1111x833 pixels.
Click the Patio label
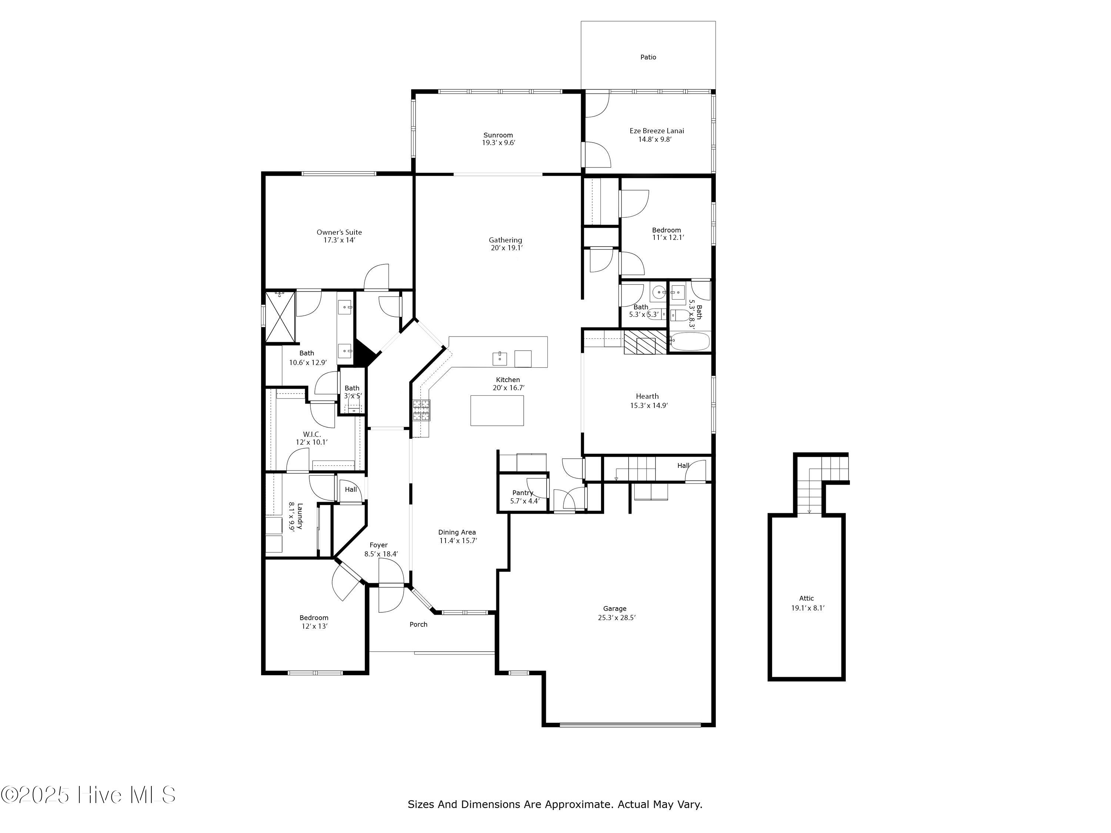pyautogui.click(x=648, y=57)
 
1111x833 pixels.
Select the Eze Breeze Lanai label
pyautogui.click(x=657, y=131)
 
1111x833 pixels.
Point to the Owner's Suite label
pyautogui.click(x=339, y=232)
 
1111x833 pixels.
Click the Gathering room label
pyautogui.click(x=505, y=240)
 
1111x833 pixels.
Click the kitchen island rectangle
pyautogui.click(x=497, y=410)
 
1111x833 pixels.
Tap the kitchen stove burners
pyautogui.click(x=421, y=410)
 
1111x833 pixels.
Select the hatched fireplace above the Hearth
pyautogui.click(x=646, y=342)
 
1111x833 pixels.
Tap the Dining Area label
pyautogui.click(x=457, y=532)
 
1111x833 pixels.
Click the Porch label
pyautogui.click(x=418, y=624)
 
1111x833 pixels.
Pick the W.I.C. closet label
pyautogui.click(x=311, y=434)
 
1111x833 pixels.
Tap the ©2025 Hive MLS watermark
pyautogui.click(x=89, y=795)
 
